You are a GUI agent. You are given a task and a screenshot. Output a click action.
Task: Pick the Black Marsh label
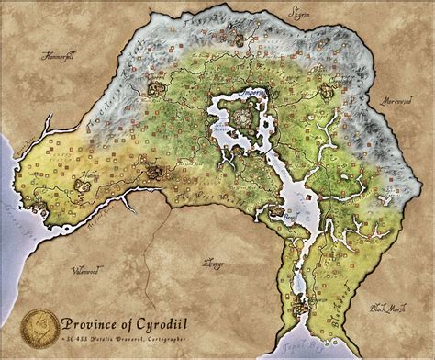click(x=385, y=309)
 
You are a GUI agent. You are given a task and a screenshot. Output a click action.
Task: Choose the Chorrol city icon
click(x=154, y=85)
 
